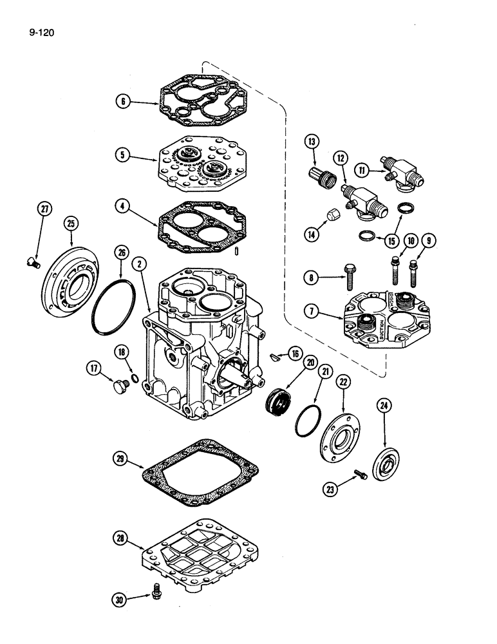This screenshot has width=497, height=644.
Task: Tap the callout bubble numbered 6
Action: click(x=122, y=100)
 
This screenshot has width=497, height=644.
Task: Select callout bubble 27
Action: click(x=44, y=210)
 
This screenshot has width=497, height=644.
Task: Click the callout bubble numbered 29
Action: click(x=120, y=459)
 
